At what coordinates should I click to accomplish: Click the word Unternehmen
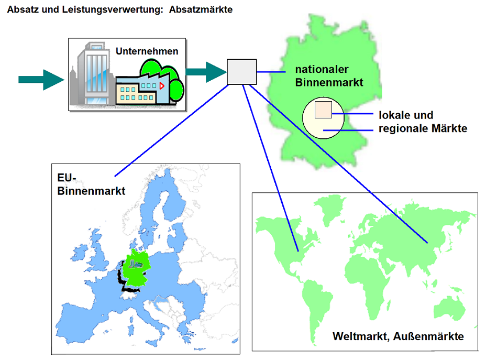point(147,51)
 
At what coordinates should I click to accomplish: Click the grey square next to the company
point(241,72)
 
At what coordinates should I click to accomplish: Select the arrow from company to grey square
point(205,72)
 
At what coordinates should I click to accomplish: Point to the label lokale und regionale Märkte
point(423,122)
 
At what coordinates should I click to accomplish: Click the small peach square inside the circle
point(322,110)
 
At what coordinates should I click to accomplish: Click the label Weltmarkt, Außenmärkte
point(398,336)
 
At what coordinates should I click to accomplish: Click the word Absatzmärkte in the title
point(201,10)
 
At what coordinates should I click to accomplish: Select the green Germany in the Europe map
point(135,268)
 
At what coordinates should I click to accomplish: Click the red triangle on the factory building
point(162,85)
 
